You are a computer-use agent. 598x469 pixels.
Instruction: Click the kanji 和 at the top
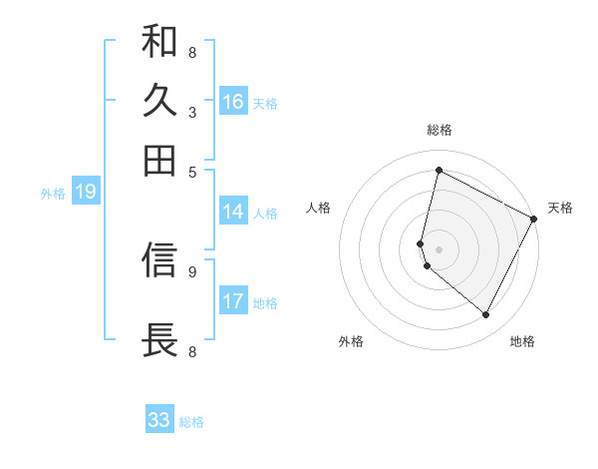(159, 42)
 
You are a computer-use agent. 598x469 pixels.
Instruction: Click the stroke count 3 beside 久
(192, 112)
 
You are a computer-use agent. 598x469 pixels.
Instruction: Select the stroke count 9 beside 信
(192, 270)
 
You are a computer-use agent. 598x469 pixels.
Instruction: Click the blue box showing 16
(233, 102)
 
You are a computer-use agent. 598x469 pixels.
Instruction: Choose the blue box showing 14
(233, 212)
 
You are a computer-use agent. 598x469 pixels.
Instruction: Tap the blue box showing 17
(233, 301)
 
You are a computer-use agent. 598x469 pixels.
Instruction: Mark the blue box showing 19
(86, 192)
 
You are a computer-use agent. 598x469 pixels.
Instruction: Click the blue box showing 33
(159, 420)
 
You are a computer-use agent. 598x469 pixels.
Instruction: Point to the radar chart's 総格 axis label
(440, 130)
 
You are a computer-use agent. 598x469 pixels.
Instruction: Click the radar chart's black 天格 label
(560, 208)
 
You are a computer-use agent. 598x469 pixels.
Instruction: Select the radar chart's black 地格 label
(522, 342)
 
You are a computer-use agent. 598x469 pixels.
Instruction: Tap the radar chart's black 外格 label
(351, 342)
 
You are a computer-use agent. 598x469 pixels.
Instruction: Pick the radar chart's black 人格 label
(318, 208)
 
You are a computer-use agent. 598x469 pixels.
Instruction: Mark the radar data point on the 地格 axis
(485, 315)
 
